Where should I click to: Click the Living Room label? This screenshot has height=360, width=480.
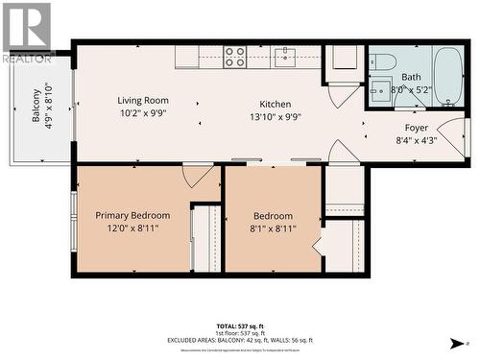(143, 100)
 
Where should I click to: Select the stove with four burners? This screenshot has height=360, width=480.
(235, 58)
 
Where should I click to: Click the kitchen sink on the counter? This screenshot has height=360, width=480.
(283, 58)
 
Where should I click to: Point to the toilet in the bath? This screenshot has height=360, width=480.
(383, 61)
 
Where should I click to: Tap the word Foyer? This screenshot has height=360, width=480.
(416, 127)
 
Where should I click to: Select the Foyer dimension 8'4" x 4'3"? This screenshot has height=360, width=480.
(416, 140)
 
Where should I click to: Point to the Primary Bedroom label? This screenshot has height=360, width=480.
(132, 216)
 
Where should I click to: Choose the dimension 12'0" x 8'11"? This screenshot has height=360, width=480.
(132, 228)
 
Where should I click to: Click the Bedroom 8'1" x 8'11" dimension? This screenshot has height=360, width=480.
(273, 228)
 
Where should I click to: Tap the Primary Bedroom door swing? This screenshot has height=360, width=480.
(198, 175)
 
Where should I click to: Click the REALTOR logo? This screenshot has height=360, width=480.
(26, 32)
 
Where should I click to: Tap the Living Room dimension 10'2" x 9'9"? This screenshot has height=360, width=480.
(143, 112)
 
